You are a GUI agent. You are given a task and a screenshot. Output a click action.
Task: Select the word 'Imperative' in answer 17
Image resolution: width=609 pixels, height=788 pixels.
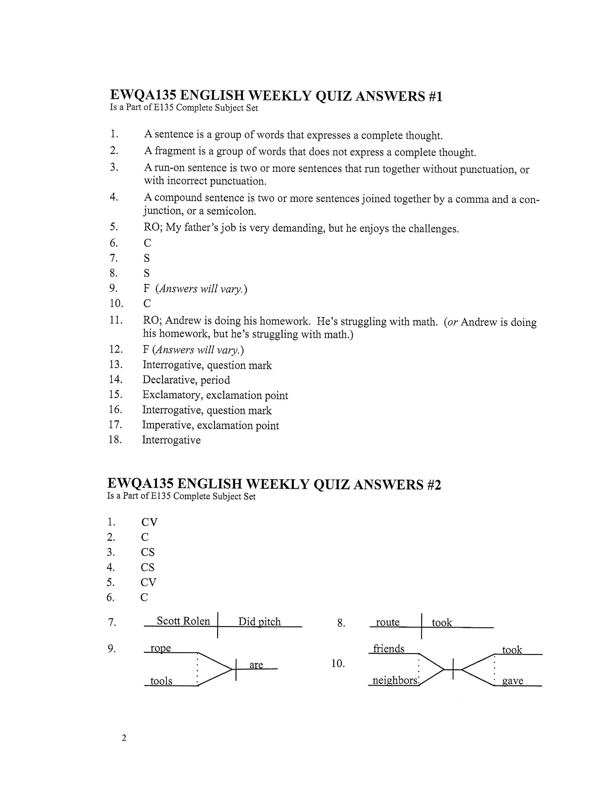168,425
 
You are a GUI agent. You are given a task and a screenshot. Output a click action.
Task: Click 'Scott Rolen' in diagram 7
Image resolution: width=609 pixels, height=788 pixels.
183,621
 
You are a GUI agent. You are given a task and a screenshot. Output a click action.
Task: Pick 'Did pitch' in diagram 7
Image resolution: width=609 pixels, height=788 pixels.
259,621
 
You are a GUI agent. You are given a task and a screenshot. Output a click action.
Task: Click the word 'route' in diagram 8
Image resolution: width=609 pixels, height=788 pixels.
388,622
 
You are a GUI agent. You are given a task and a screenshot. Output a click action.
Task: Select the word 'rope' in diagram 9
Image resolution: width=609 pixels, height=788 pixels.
161,648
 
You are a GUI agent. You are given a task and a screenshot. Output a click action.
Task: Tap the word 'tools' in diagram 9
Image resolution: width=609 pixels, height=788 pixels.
161,681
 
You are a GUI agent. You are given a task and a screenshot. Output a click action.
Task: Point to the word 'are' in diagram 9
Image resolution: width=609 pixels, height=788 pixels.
256,665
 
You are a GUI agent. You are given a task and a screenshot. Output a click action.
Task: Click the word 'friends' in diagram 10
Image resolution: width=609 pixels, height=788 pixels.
389,649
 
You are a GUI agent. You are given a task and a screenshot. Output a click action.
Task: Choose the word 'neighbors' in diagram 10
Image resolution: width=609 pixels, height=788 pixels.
395,680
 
